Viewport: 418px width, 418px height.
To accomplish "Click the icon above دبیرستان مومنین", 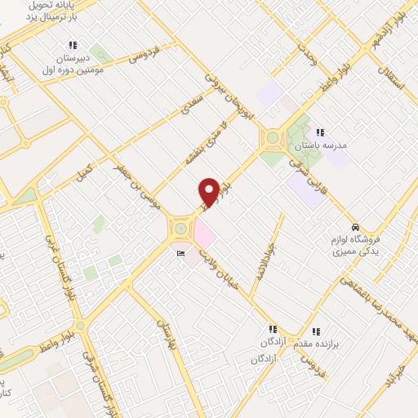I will click(x=73, y=46).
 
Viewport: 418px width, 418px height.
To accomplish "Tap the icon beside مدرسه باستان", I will click(x=321, y=131).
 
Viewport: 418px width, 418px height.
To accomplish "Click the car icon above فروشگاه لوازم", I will click(x=354, y=226).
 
